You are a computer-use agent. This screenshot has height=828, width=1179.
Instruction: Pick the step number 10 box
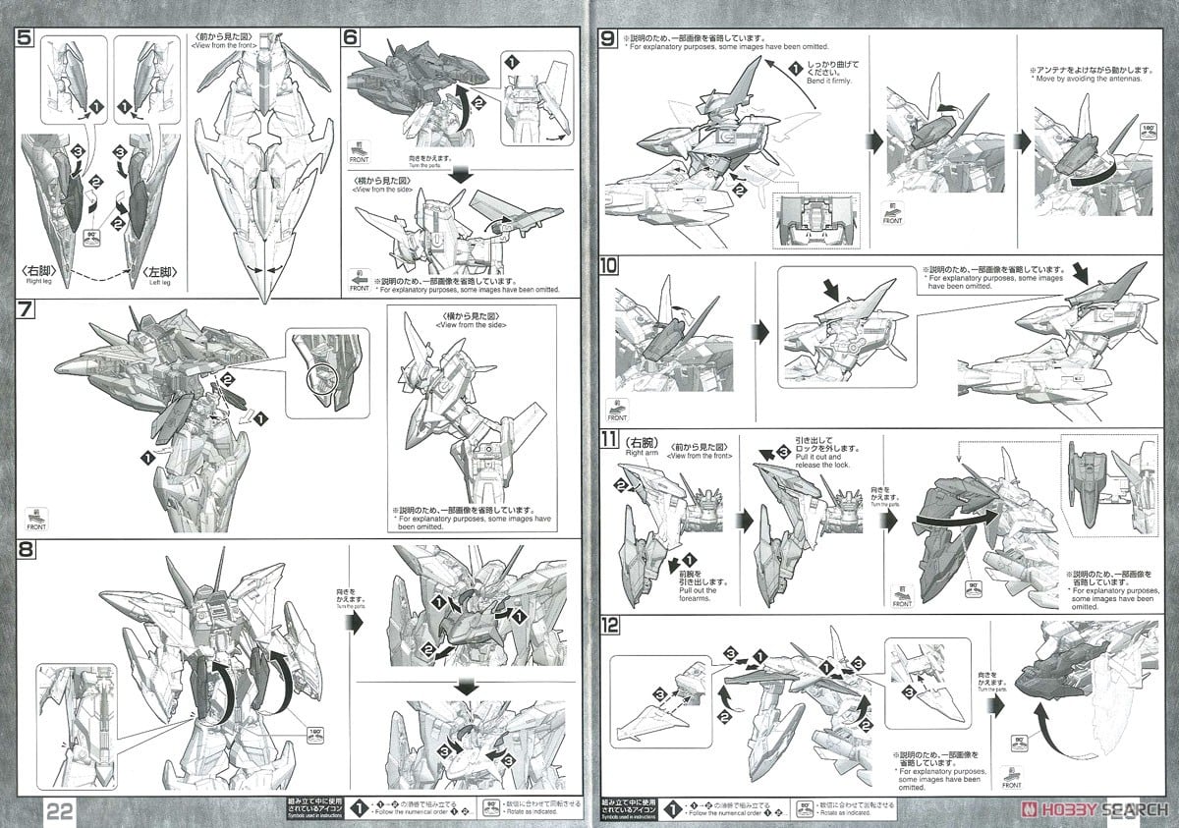pyautogui.click(x=609, y=266)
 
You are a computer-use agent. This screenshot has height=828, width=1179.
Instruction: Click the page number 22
pyautogui.click(x=57, y=807)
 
